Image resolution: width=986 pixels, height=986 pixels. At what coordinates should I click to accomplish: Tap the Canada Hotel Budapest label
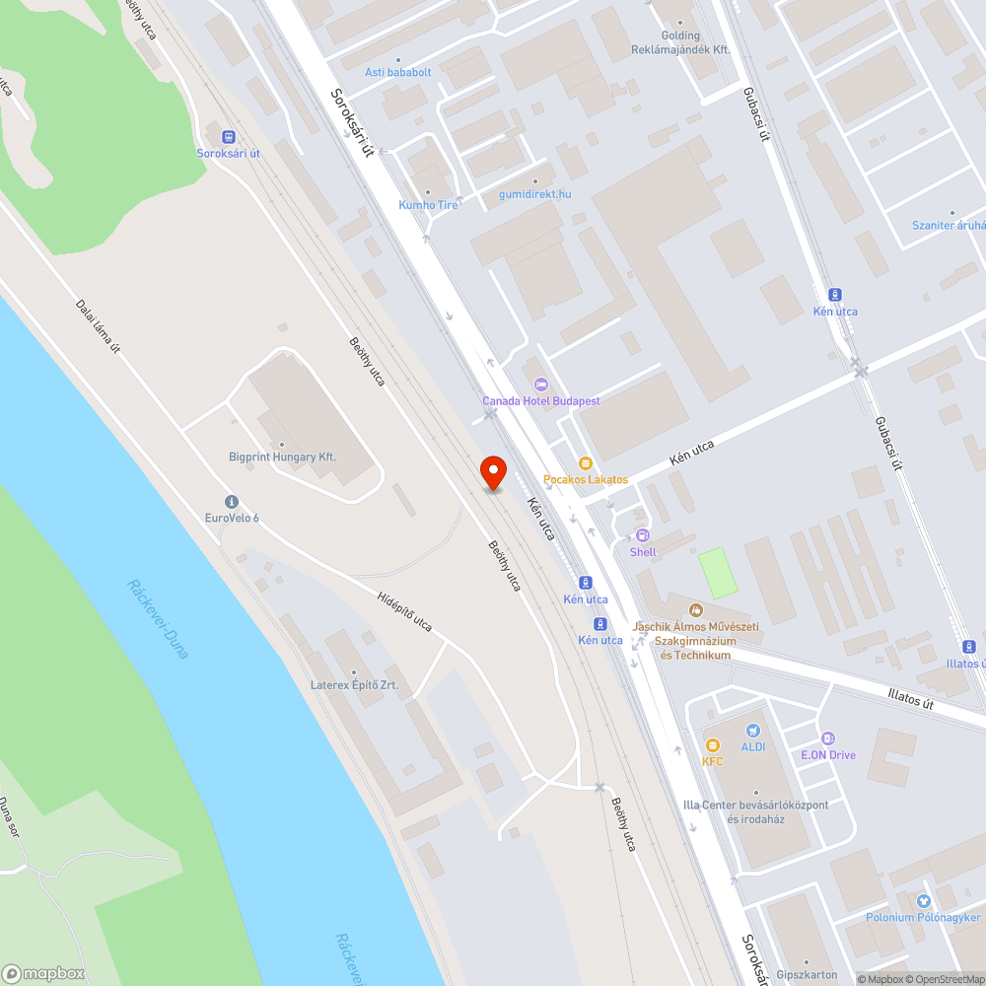click(540, 400)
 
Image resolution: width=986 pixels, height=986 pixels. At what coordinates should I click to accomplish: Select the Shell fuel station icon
click(643, 535)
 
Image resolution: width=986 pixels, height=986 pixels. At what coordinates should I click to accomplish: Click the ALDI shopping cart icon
click(753, 731)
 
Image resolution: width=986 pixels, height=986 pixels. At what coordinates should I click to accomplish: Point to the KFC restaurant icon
click(712, 745)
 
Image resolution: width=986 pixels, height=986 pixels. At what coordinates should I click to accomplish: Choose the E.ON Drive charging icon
click(828, 739)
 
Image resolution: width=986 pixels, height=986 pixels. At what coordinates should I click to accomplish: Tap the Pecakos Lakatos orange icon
click(585, 463)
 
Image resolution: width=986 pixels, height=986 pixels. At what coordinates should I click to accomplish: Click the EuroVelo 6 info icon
click(232, 502)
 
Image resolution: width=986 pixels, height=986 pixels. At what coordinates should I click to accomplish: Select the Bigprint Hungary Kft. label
click(282, 458)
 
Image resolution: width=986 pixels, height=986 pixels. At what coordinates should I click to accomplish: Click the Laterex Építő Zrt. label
click(354, 684)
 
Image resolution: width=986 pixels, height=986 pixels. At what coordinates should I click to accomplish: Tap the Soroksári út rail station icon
click(228, 137)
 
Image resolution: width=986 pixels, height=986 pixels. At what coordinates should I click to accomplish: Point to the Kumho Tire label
click(428, 205)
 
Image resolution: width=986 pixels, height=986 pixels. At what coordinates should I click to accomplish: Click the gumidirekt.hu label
click(534, 194)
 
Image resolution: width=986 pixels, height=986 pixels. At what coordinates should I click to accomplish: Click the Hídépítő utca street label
click(404, 611)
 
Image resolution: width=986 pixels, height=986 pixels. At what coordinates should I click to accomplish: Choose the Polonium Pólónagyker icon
click(923, 901)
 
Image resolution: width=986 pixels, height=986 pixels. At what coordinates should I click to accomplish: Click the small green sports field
click(718, 573)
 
